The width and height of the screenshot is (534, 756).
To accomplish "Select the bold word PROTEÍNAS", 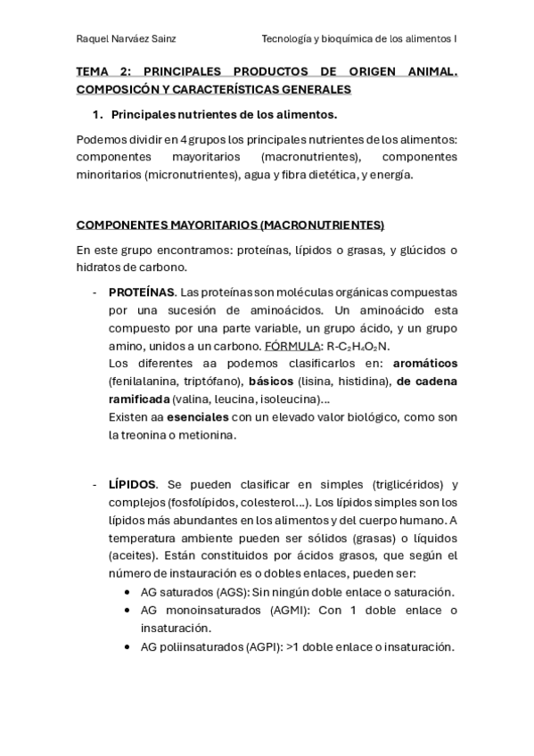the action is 141,292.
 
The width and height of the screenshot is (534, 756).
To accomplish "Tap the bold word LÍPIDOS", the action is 132,484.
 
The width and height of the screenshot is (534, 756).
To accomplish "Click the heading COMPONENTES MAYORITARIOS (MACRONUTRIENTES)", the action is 230,224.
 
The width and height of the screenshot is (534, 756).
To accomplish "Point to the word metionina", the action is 209,434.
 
